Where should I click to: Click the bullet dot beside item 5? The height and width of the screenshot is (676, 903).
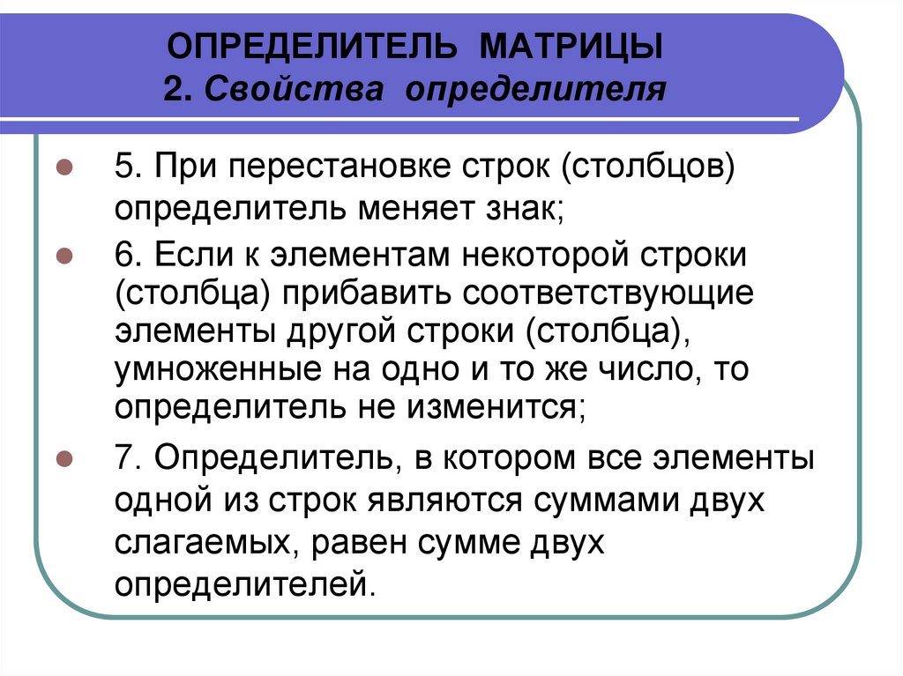[63, 167]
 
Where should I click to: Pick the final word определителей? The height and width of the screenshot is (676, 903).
[244, 584]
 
